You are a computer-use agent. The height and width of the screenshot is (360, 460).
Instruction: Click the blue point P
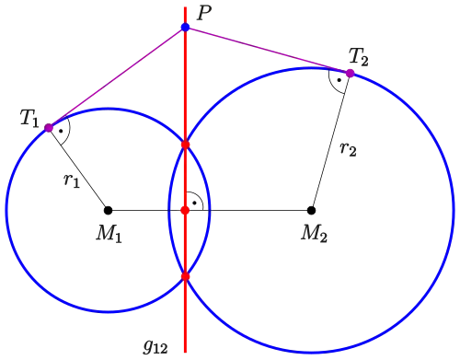[x=185, y=27]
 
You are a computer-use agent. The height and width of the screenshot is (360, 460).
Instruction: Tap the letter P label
[x=203, y=14]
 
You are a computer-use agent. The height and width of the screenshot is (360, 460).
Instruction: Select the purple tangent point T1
[x=49, y=128]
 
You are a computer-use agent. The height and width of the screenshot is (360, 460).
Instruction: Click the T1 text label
[x=29, y=118]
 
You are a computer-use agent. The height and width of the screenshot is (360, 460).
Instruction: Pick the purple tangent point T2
[x=350, y=74]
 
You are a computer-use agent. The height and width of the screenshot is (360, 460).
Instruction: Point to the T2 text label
[x=359, y=57]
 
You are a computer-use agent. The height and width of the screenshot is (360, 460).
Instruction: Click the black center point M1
[x=108, y=210]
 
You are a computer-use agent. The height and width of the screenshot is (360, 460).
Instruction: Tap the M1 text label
[x=109, y=234]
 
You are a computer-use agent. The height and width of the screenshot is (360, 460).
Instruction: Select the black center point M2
[x=311, y=210]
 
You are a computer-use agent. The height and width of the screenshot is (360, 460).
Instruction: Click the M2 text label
[x=314, y=234]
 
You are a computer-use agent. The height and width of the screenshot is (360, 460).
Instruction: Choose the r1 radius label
[x=72, y=180]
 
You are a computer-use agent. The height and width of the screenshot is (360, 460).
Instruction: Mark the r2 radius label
[x=349, y=149]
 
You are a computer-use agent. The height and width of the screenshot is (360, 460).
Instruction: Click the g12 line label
[x=155, y=346]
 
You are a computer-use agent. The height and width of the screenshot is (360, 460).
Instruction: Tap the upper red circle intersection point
[x=185, y=145]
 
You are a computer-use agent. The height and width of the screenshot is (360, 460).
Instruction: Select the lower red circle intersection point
[x=185, y=276]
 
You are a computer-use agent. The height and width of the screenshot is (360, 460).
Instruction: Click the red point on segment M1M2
[x=185, y=210]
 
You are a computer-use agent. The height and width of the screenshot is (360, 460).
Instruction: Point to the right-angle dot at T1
[x=61, y=131]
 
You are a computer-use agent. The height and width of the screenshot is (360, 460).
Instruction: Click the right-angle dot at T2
[x=339, y=80]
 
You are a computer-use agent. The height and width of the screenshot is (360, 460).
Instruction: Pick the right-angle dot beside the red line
[x=194, y=203]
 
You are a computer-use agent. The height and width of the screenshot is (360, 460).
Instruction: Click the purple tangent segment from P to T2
[x=268, y=51]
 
